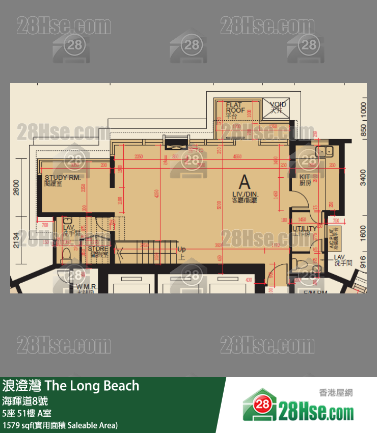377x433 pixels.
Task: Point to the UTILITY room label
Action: click(305, 229)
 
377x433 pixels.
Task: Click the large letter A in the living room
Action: click(245, 182)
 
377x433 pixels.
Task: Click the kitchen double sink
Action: click(324, 151)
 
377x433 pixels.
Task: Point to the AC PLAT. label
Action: click(334, 238)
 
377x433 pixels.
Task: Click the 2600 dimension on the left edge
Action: click(16, 188)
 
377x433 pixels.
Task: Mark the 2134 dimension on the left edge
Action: click(16, 239)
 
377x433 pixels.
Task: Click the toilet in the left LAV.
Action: click(67, 255)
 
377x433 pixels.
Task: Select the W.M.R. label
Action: click(87, 288)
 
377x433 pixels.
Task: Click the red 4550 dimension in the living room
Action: click(237, 157)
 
